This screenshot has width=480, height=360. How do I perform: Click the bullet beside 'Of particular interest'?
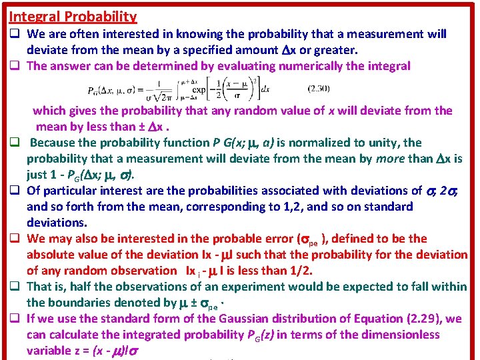click(x=13, y=191)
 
